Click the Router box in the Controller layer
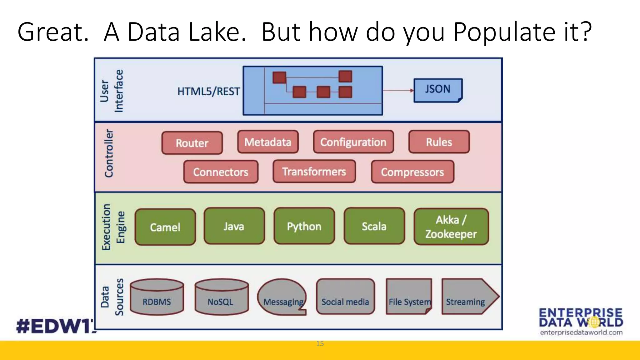click(192, 143)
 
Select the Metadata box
click(268, 142)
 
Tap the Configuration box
click(353, 142)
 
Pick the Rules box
click(439, 142)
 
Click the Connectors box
click(221, 172)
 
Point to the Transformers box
click(314, 171)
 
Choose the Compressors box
click(412, 172)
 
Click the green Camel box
click(165, 227)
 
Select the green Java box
click(234, 226)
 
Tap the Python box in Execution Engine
click(304, 226)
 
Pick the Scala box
click(374, 226)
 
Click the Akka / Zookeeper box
click(451, 227)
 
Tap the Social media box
click(345, 297)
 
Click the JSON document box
click(437, 90)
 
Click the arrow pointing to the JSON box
click(398, 91)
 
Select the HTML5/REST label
click(208, 91)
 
